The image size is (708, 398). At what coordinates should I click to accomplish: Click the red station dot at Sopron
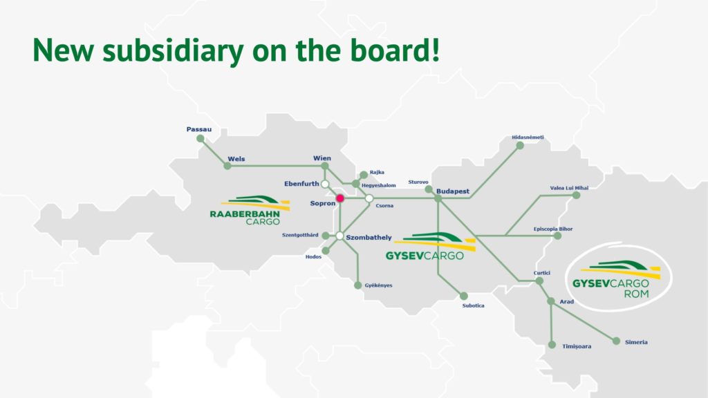point(340,198)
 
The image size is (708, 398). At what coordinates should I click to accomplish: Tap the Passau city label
point(199,129)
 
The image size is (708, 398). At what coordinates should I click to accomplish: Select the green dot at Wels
point(227,166)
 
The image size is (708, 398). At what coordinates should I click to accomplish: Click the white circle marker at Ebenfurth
point(325,184)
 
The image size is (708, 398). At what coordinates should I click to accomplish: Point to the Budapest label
point(453,191)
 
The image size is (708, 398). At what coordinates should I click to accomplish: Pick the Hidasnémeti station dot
point(520,145)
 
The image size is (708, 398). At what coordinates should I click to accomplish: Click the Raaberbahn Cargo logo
point(250,210)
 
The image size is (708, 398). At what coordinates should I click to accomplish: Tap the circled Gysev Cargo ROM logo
point(619,277)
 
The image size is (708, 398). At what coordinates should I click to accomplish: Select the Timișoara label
point(577,346)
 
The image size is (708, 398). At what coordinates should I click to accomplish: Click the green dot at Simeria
point(616,341)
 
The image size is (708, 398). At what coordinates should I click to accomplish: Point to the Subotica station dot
point(464,296)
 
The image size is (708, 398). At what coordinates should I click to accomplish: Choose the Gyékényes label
point(378,285)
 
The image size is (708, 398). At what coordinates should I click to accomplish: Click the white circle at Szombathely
point(339,236)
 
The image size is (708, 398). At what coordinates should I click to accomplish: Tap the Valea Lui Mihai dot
point(576,195)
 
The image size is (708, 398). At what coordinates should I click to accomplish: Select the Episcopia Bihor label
point(553,229)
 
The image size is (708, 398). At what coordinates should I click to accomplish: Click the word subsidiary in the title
point(173,50)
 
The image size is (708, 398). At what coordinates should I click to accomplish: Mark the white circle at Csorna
point(369,198)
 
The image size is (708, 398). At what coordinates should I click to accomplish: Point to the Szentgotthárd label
point(300,235)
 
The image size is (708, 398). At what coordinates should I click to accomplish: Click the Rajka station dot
point(364,175)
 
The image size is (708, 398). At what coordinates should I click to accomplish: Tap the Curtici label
point(542,273)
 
